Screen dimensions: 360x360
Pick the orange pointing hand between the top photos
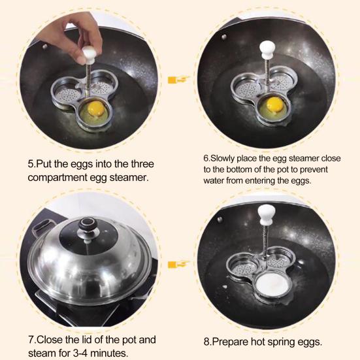[x=174, y=80]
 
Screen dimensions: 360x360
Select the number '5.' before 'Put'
[x=31, y=163]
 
